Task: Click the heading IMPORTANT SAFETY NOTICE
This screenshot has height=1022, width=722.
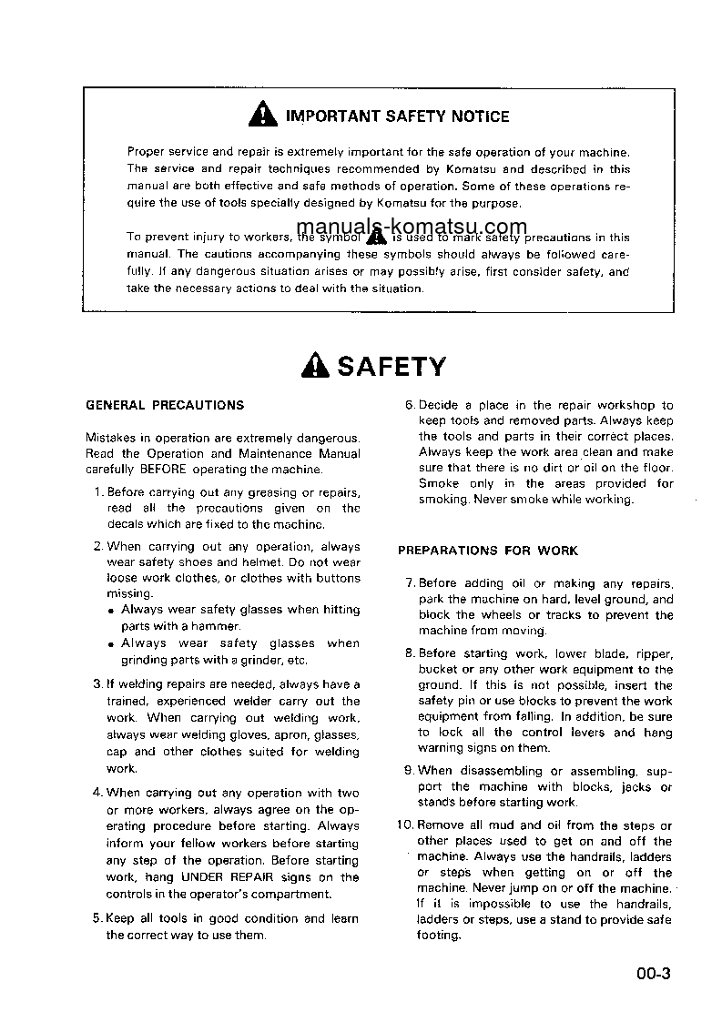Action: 397,116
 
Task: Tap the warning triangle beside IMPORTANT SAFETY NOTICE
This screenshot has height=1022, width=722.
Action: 261,116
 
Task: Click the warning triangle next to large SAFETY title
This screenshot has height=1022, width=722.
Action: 315,366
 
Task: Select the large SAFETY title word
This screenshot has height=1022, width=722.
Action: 392,366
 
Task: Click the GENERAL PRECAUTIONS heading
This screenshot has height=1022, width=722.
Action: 165,405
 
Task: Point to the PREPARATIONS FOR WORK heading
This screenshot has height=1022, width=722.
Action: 488,551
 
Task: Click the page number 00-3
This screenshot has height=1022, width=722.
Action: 654,975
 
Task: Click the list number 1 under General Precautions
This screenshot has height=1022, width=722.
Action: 98,492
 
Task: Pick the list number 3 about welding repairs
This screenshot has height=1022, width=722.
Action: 98,684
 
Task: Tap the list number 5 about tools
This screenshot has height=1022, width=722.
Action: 98,919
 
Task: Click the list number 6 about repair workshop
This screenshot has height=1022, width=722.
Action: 410,405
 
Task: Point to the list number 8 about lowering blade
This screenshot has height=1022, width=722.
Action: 410,653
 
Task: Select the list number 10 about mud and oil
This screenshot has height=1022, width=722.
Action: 406,825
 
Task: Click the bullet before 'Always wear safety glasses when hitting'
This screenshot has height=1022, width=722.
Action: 111,611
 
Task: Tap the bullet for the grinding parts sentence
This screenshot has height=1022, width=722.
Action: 111,643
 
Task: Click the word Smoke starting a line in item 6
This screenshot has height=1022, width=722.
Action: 438,484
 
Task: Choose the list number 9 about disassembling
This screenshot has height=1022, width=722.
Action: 410,770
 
